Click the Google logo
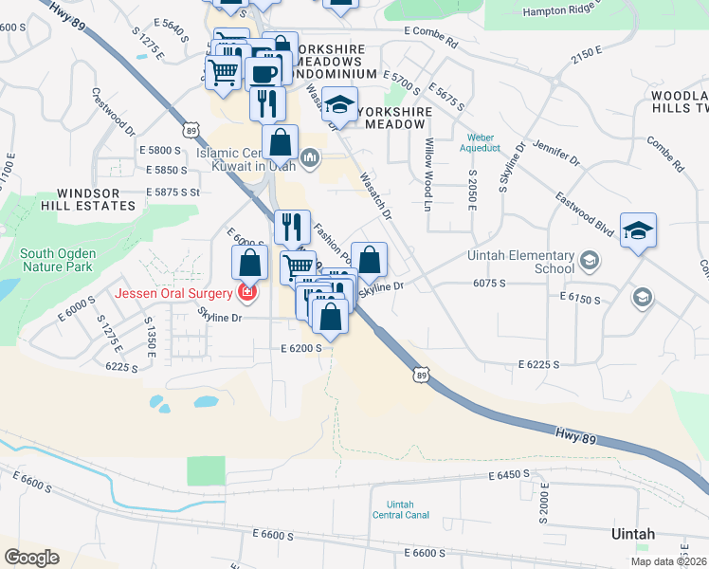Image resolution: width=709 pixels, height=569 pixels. (31, 558)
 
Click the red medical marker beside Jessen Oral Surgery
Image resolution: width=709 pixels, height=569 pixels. (246, 293)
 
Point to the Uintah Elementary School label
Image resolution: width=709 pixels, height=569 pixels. (521, 263)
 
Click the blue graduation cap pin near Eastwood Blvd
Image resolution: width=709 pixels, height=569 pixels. (638, 230)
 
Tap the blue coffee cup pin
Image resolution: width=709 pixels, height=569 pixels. (264, 72)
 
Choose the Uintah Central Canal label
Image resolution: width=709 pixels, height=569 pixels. (401, 509)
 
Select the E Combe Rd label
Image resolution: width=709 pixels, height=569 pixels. (429, 44)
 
